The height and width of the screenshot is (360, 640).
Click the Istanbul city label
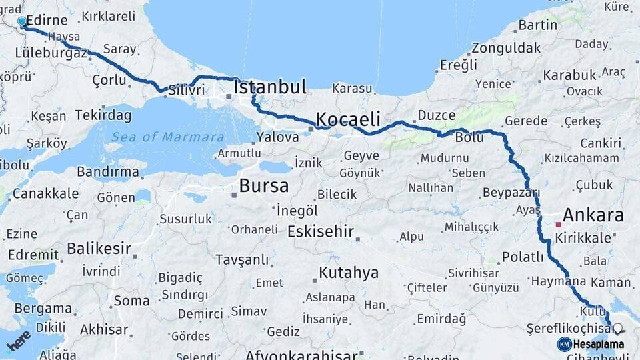(x=270, y=87)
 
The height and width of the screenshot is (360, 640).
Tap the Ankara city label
(x=593, y=215)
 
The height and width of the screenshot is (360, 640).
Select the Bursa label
(x=263, y=185)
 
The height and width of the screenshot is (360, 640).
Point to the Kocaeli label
(x=347, y=120)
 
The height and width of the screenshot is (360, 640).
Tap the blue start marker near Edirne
(x=22, y=21)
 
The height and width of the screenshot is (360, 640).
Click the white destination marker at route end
(x=618, y=329)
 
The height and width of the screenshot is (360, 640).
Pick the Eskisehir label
(x=323, y=232)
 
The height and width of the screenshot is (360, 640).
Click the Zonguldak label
(x=506, y=48)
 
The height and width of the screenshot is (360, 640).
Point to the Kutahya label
(x=348, y=273)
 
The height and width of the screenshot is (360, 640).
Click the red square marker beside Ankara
(x=558, y=225)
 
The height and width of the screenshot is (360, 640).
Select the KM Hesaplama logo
(x=591, y=344)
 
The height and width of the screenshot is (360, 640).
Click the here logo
(x=19, y=340)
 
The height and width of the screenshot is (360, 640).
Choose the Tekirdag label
(x=103, y=115)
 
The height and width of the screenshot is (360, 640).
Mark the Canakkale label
(x=45, y=194)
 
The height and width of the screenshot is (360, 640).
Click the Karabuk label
(x=569, y=75)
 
